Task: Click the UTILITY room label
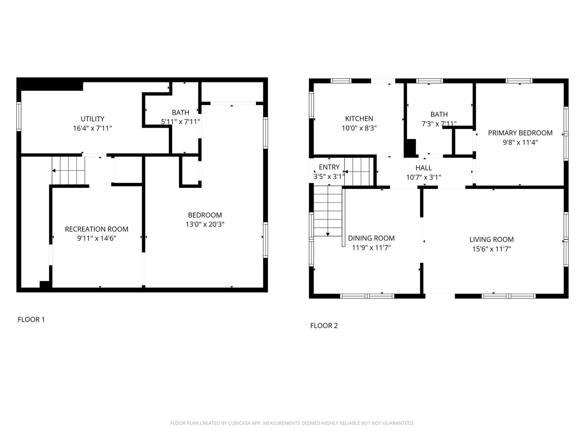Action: coord(92,118)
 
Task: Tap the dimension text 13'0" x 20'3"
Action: coord(205,224)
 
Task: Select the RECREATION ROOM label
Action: coord(96,229)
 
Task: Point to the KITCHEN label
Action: coord(359,118)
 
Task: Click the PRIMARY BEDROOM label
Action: coord(520,133)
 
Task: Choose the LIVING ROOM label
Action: coord(492,239)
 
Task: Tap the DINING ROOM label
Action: coord(371,238)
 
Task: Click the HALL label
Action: coord(423,168)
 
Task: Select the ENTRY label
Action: coord(329,167)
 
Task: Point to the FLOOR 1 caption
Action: coord(31,320)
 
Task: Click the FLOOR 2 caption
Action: coord(324,326)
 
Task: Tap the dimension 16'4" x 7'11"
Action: coord(92,128)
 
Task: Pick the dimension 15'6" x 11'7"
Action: coord(492,249)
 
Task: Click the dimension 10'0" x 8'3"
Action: coord(359,128)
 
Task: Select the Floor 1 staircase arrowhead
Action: coord(54,170)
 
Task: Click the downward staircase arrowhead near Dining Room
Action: coord(328,234)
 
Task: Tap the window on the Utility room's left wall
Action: coord(19,116)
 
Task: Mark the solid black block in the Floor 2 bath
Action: coord(410,148)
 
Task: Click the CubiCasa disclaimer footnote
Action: coord(292,423)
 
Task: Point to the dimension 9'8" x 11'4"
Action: coord(520,142)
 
